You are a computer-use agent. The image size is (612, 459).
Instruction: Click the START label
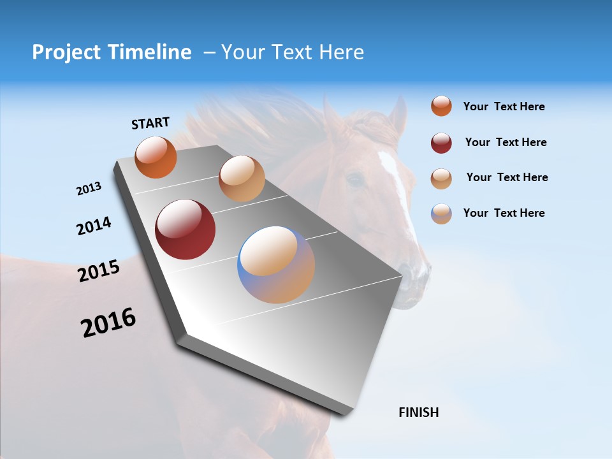click(150, 123)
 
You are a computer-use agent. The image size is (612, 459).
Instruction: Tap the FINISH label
click(418, 412)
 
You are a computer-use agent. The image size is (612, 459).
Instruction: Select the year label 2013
click(89, 189)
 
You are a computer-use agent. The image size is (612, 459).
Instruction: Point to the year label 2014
click(94, 226)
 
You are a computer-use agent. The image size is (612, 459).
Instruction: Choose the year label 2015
click(99, 271)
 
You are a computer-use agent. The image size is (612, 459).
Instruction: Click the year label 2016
click(108, 323)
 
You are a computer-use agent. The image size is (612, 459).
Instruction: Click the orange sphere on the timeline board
click(156, 157)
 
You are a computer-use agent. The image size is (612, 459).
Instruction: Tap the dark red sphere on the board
click(185, 229)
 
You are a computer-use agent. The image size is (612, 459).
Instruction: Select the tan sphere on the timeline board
click(242, 178)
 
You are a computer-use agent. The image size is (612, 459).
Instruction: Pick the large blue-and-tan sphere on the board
click(276, 265)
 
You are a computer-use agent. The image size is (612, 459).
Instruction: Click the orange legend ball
click(441, 106)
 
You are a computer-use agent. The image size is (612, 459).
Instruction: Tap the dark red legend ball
click(441, 143)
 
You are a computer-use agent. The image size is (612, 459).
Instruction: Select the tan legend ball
click(441, 178)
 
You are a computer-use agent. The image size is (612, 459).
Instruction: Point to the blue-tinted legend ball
click(441, 214)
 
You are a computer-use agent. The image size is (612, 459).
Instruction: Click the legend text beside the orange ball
click(504, 106)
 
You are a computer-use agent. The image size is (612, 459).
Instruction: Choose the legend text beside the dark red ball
click(506, 142)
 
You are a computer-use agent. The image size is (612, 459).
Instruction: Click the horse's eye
click(355, 180)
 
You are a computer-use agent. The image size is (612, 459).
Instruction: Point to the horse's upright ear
click(398, 115)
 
